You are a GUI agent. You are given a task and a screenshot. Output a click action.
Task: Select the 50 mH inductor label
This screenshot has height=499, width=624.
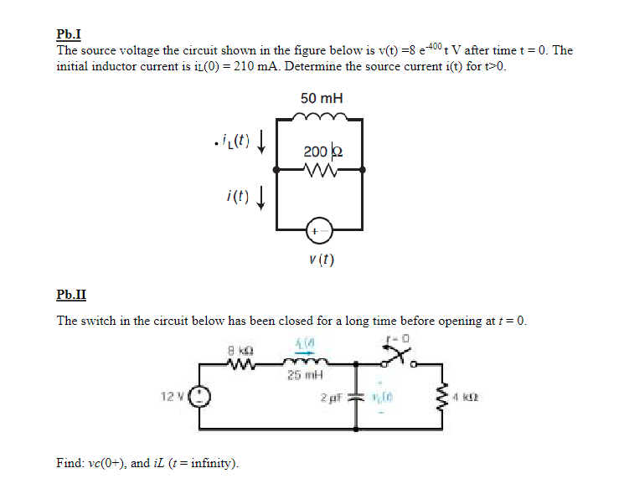click(322, 98)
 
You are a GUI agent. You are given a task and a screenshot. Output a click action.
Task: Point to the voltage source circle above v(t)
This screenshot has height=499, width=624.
click(319, 229)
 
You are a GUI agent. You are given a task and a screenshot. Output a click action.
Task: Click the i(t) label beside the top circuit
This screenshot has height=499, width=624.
click(237, 198)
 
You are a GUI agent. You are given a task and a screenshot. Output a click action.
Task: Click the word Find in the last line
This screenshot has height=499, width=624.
click(69, 462)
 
